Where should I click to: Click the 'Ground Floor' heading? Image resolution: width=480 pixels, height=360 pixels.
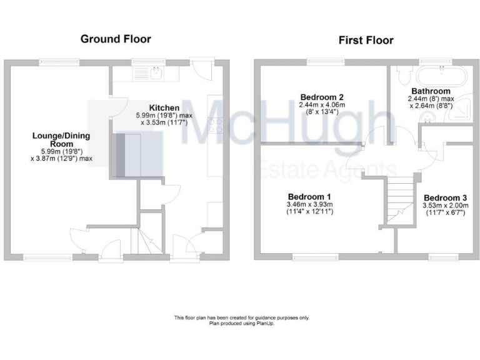[116, 39]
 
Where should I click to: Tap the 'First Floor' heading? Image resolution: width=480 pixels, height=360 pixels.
[366, 41]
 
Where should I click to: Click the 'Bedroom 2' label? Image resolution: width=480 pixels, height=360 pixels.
[322, 97]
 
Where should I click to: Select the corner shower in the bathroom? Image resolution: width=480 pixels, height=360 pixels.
[460, 117]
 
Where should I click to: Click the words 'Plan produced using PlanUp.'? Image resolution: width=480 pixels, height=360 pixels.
[241, 323]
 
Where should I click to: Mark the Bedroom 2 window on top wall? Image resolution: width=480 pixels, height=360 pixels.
[322, 61]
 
